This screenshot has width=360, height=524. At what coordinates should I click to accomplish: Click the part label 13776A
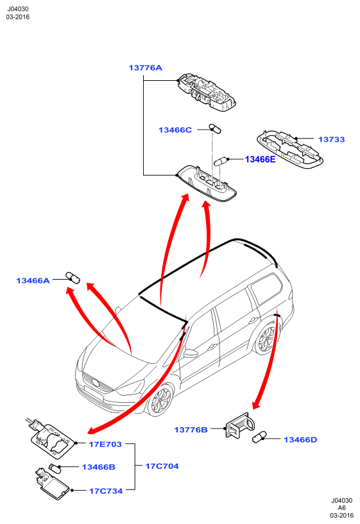coord(146,68)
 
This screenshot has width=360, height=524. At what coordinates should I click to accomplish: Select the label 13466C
coord(175,130)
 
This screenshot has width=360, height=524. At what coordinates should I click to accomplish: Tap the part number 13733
coord(331,139)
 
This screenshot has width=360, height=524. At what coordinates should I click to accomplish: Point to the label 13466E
coord(261,160)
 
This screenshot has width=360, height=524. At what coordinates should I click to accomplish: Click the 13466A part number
coord(33,280)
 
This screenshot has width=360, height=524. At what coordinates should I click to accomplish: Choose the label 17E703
coord(105,444)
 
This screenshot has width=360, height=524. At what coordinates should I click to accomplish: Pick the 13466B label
coord(99,467)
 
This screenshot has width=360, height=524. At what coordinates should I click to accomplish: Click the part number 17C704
coord(162,466)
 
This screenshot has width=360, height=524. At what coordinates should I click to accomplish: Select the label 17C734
coord(106,491)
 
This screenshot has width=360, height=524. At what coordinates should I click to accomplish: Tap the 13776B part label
coord(191,430)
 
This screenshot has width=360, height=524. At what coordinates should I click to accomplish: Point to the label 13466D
coord(300,439)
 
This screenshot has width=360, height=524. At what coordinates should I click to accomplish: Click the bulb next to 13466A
coord(73,277)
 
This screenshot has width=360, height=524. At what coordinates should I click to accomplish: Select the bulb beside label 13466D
coord(259,437)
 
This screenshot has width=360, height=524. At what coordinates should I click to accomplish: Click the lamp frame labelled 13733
coord(289,149)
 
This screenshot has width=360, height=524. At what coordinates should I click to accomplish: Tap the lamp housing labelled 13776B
coord(239,425)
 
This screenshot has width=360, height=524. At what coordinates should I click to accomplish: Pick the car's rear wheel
coord(266,339)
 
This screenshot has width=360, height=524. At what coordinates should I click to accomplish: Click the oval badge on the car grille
coord(95,383)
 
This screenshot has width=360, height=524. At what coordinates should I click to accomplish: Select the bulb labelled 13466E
coord(220,162)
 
